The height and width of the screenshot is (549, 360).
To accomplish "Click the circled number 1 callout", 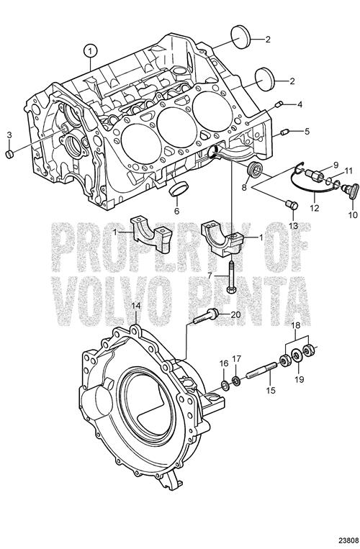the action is pos(90,51).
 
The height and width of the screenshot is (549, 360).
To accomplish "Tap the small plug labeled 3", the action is pos(9,154).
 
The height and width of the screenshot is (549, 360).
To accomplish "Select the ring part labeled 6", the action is pos(179,189).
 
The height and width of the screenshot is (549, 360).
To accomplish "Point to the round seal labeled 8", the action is pos(254,170).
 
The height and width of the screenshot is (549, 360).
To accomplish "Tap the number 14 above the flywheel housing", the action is pos(136,305).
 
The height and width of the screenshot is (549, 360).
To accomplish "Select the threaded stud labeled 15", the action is pos(261,370).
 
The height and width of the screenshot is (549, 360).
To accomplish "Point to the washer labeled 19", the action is pos(297,356).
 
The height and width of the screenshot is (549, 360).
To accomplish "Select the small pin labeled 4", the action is pos(279,104).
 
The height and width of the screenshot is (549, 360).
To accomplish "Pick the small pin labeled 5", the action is pos(284,132).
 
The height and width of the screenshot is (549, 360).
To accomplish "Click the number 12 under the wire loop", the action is pos(314,207).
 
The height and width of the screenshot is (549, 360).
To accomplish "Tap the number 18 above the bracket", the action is pos(296,325).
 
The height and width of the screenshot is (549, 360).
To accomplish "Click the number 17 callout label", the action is pos(237,358).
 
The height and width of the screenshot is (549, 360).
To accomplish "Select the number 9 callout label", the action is pos(336,163).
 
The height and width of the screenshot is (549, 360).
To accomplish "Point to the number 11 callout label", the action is pos(347,171).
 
